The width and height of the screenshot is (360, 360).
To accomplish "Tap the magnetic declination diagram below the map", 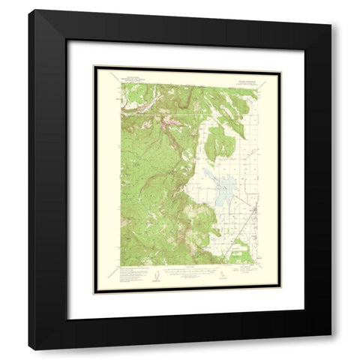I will [155, 276].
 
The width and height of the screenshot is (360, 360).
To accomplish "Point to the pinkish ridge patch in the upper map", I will [166, 118].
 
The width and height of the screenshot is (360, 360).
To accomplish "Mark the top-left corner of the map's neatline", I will [121, 82].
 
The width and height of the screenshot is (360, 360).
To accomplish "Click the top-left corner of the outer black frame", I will [28, 9].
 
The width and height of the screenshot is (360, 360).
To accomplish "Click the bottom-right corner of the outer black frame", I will [331, 334].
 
